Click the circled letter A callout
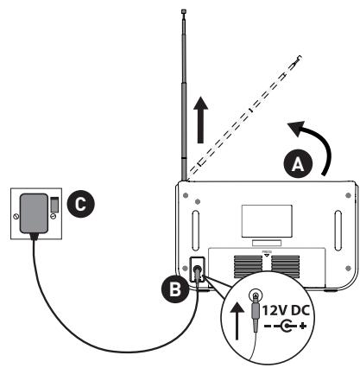(295, 162)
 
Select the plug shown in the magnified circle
(256, 316)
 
